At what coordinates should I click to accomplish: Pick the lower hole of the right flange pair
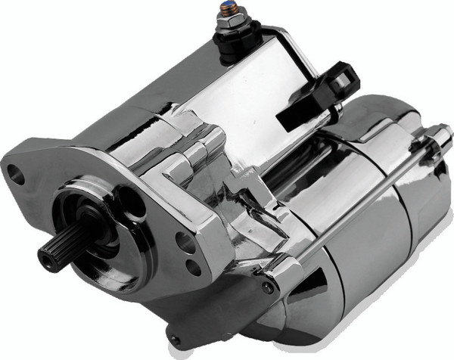point(194,265)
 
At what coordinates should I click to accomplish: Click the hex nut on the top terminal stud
point(229,25)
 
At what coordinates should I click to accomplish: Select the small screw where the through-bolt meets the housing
point(267,287)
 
